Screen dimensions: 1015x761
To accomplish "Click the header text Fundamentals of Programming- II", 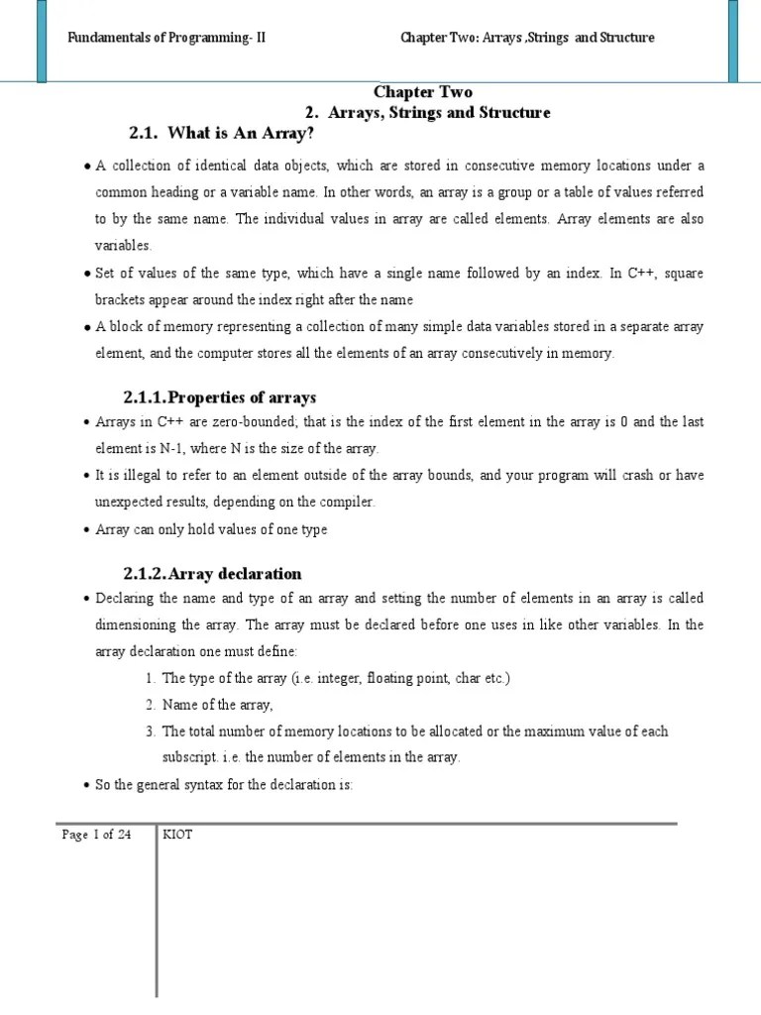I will [165, 38].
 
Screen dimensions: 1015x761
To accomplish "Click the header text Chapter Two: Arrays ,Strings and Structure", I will [527, 38].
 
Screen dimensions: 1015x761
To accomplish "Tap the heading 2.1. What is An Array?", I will [222, 133].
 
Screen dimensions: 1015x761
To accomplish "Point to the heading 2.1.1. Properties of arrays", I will [219, 397].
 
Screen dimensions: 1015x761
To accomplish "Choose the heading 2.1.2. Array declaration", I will [212, 574].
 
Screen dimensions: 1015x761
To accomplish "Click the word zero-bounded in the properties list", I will [253, 422].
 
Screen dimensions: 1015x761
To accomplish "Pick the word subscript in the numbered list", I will [189, 758].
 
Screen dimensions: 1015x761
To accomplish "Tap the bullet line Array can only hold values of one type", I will [211, 529].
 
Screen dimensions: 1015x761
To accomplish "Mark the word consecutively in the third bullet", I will [503, 353].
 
